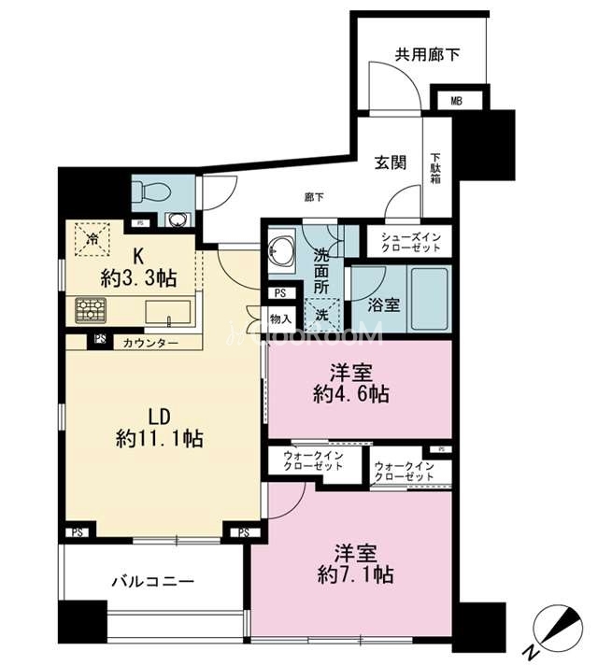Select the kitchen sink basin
168,312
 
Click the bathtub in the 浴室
429,299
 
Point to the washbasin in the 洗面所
281,251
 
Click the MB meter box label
456,102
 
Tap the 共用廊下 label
427,55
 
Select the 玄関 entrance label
390,163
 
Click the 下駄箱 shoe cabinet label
435,168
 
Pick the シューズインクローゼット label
410,242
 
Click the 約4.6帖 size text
351,394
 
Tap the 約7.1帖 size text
355,575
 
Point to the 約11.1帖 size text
159,439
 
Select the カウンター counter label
150,343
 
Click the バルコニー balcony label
153,581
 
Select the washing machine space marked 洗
322,316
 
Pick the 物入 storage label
280,318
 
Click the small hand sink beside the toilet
175,219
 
